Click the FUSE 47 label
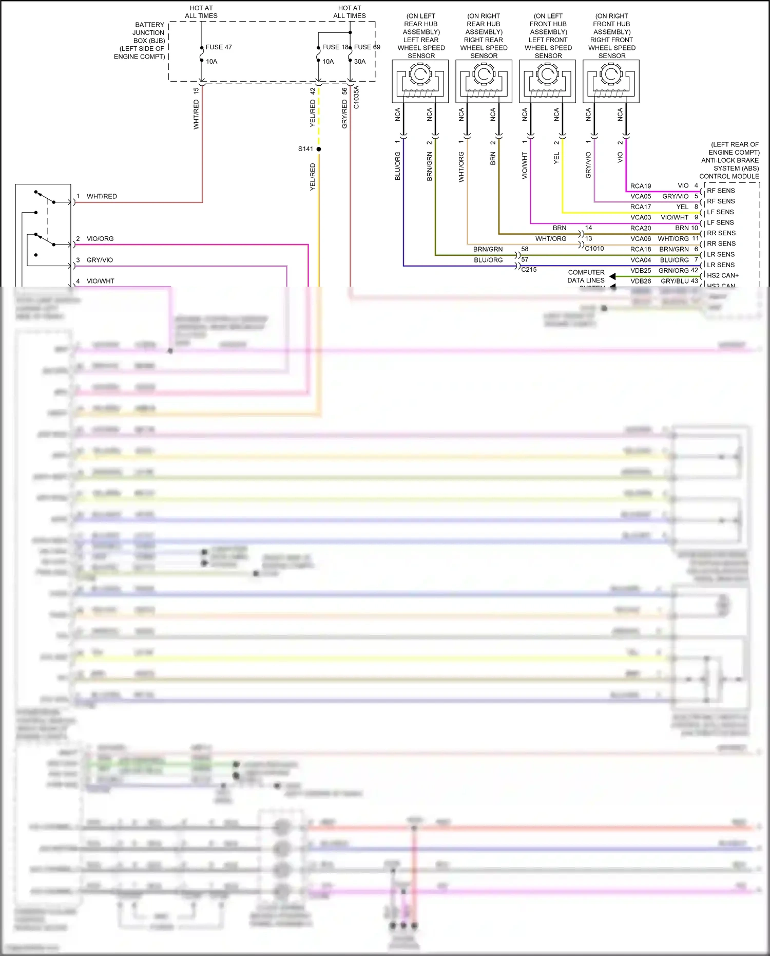[219, 47]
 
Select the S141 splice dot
[319, 149]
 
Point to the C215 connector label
[529, 270]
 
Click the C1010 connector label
[594, 249]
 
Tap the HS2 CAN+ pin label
[723, 275]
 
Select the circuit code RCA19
[641, 186]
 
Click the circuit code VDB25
[641, 271]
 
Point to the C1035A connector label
[357, 97]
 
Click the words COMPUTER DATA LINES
[586, 276]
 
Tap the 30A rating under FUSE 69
[360, 62]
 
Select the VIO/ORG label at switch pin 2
[100, 239]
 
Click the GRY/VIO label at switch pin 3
[100, 260]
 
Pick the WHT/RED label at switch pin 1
[102, 196]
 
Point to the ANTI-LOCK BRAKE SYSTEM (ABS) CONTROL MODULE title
[729, 160]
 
